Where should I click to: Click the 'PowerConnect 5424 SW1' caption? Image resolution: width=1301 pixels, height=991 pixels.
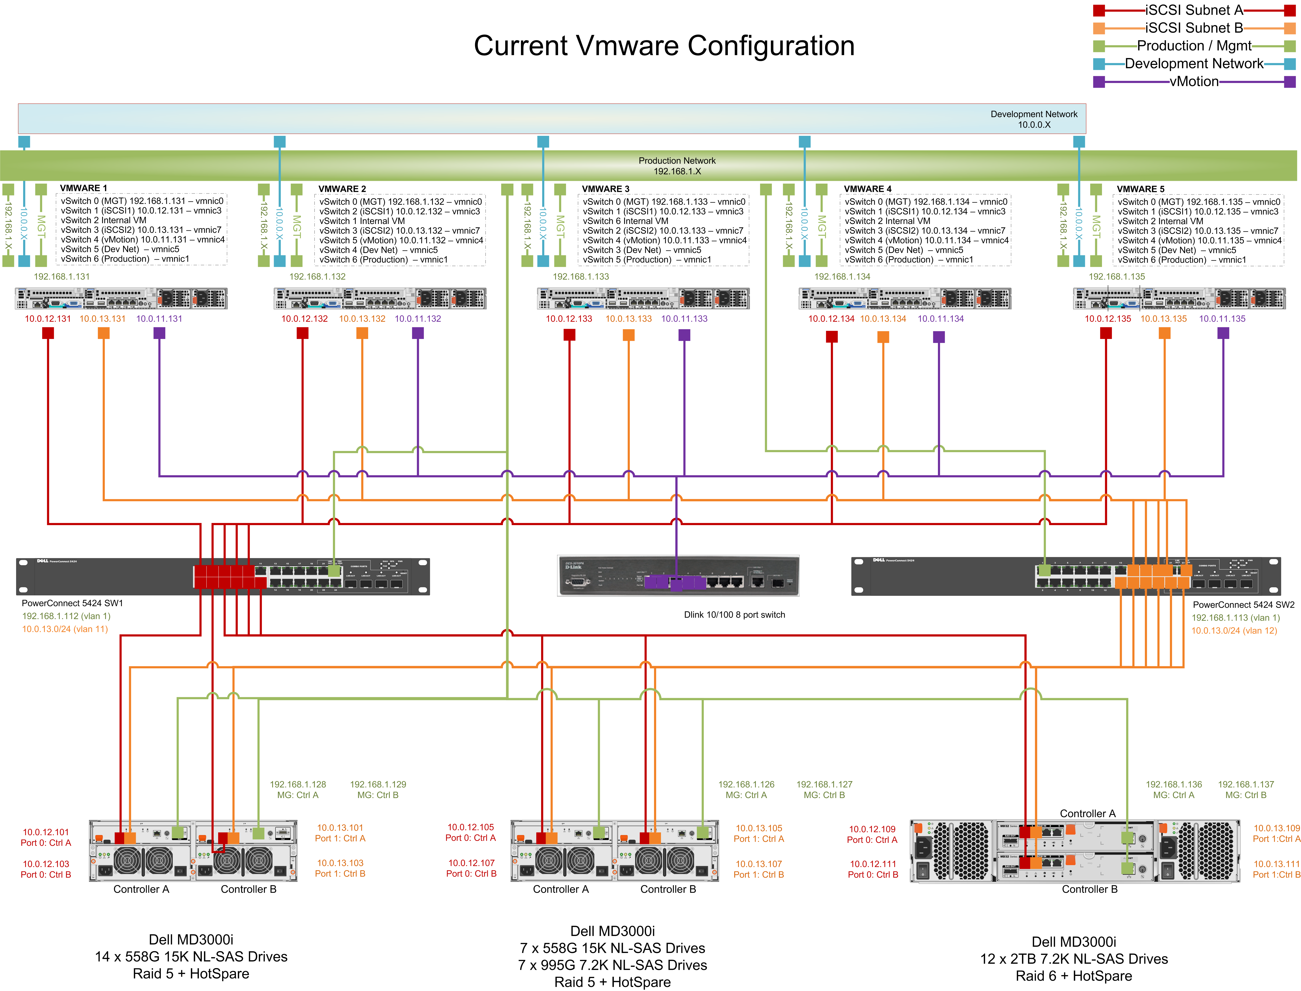72,603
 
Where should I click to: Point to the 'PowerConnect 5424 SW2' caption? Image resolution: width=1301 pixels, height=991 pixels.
1243,605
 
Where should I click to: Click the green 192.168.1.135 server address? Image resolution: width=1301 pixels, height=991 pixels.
1116,277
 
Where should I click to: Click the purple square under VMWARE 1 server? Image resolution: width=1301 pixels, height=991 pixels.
159,333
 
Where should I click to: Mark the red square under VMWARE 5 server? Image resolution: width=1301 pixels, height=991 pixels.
1106,333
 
